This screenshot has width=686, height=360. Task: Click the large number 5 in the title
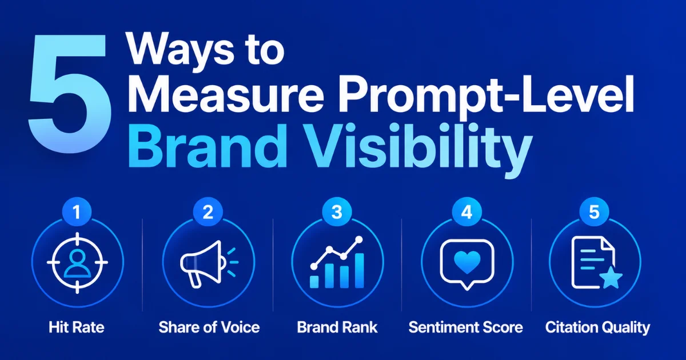click(69, 93)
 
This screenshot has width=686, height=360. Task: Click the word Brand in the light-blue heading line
click(208, 146)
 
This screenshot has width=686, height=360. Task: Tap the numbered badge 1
click(77, 212)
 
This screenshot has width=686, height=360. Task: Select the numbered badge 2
click(208, 212)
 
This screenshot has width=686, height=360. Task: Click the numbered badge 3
click(337, 212)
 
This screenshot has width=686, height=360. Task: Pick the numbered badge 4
click(466, 212)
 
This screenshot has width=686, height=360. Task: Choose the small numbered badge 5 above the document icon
click(594, 212)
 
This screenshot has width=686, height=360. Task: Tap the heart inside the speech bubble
click(467, 262)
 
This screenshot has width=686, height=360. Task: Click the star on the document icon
click(611, 278)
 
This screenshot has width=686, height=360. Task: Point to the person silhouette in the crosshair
click(77, 263)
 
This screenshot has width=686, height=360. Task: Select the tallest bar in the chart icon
click(359, 271)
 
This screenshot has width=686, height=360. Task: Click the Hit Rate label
click(77, 327)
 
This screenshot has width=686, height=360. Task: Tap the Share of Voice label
click(209, 327)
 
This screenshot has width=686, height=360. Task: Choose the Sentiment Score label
click(466, 327)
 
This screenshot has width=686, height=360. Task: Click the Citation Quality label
click(597, 328)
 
